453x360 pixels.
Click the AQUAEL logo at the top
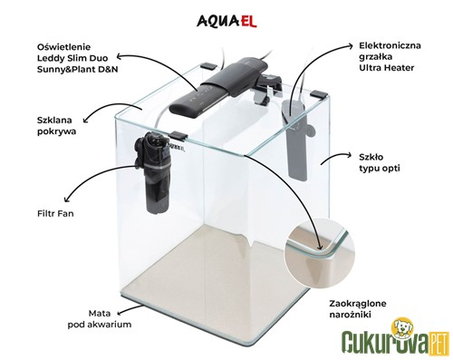click(226, 22)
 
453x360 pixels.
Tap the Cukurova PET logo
click(396, 337)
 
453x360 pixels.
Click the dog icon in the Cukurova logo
click(401, 327)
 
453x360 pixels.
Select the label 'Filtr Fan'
click(55, 214)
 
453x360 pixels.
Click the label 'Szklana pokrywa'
click(56, 126)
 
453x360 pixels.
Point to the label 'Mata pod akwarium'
click(100, 319)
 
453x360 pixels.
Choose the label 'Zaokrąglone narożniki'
click(358, 309)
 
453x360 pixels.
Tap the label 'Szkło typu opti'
click(380, 162)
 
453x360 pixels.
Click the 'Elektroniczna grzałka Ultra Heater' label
click(390, 56)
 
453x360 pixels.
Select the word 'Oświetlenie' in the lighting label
click(63, 47)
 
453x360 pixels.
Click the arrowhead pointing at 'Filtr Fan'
click(67, 199)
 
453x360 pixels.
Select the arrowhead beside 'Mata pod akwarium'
click(120, 312)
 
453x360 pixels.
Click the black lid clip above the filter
click(178, 135)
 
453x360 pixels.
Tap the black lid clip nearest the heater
click(319, 93)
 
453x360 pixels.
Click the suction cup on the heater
click(310, 131)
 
